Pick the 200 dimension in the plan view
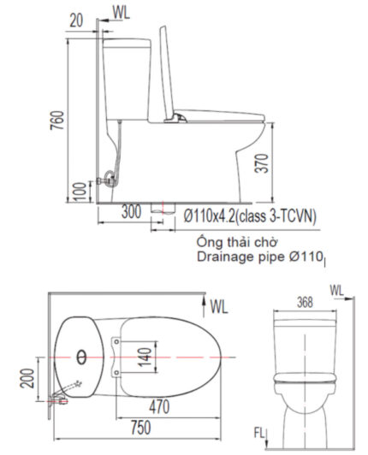point(29,376)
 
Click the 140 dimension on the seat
point(145,353)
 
